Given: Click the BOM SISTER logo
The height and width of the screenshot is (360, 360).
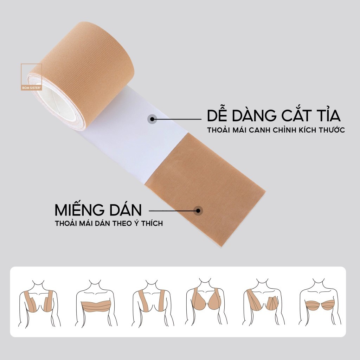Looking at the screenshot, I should (x=31, y=77).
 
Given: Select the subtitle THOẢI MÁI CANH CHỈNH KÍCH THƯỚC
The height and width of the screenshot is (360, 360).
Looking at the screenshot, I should (x=276, y=130).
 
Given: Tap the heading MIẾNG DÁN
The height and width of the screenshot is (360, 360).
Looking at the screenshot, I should (x=98, y=210).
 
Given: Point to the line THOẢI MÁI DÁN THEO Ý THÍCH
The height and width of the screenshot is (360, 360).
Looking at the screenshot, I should (x=109, y=223).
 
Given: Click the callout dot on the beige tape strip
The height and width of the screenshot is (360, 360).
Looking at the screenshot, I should (x=198, y=211).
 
